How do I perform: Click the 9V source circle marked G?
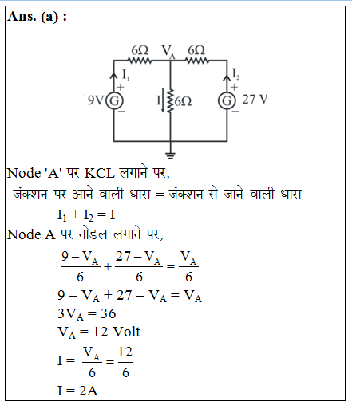click(x=114, y=100)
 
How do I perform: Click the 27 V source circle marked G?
click(x=227, y=101)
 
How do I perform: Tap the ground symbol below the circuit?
click(x=170, y=155)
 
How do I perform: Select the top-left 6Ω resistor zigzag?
click(x=140, y=61)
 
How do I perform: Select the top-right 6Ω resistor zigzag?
click(x=197, y=61)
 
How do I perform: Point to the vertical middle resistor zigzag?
click(x=170, y=101)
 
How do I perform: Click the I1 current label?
click(x=125, y=75)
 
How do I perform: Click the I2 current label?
click(x=236, y=73)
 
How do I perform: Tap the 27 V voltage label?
click(x=255, y=100)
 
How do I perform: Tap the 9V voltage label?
click(x=95, y=100)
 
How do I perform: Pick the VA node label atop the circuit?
click(x=168, y=51)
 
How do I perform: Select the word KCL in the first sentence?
click(x=100, y=174)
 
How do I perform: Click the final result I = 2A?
click(x=77, y=391)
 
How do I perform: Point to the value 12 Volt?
click(x=117, y=332)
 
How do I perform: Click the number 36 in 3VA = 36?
click(x=109, y=313)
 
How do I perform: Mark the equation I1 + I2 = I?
click(x=86, y=214)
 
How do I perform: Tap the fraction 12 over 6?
click(x=125, y=362)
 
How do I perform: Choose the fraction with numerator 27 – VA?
click(x=138, y=266)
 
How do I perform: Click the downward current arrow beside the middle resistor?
click(x=163, y=101)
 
